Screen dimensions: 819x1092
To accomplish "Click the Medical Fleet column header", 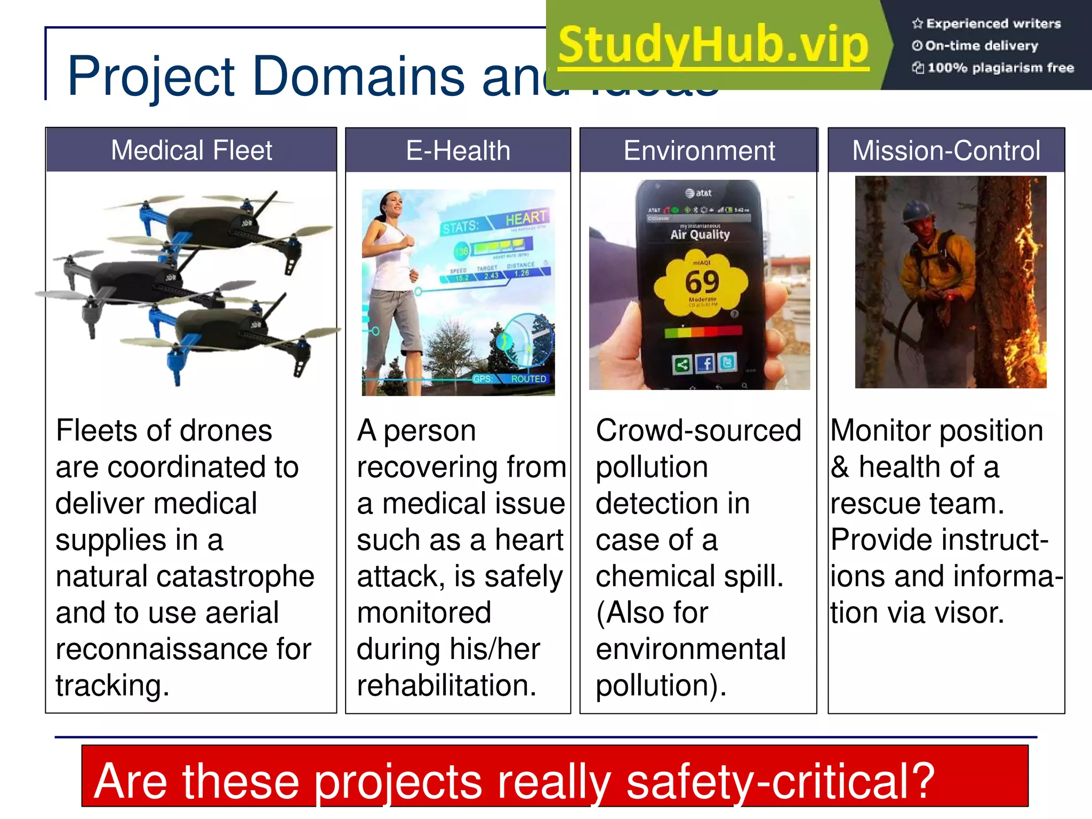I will click(x=191, y=150).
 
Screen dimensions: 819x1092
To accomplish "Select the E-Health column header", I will click(x=458, y=151).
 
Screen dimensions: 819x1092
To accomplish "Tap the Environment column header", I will click(x=699, y=151).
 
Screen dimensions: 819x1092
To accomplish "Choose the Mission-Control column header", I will click(x=946, y=151).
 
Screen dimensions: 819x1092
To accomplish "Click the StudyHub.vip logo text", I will click(x=713, y=46).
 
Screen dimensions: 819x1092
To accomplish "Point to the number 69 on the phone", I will click(x=702, y=282).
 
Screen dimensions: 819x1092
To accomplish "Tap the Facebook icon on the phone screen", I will click(x=705, y=364).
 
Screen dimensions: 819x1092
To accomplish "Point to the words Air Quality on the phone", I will click(x=700, y=235).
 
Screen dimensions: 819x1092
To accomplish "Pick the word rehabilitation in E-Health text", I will click(x=446, y=685).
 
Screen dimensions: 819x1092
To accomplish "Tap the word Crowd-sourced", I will click(x=698, y=431).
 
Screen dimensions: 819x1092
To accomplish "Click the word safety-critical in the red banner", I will click(x=780, y=781).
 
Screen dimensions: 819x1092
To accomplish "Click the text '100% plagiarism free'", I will click(x=1000, y=68).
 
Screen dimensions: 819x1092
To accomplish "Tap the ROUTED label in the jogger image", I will click(x=528, y=379).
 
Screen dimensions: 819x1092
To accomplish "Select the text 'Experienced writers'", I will click(x=993, y=23).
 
